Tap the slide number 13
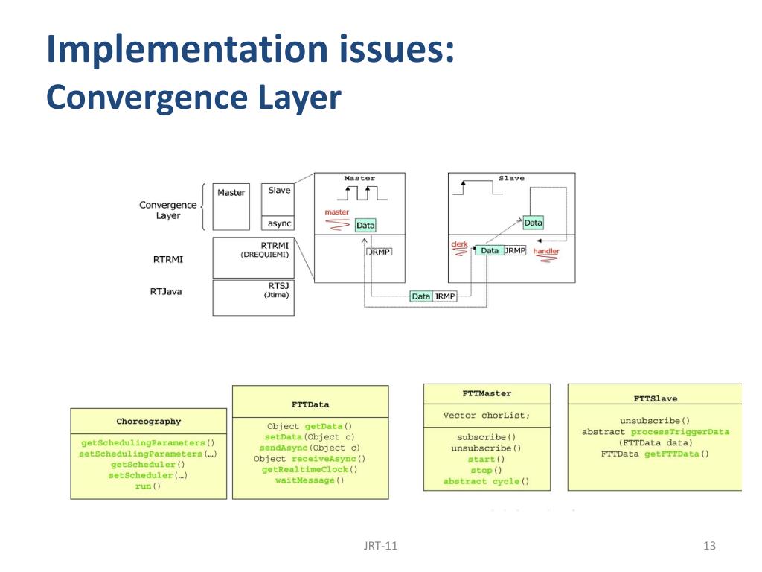pos(709,546)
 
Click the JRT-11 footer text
pos(380,546)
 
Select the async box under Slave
pos(280,223)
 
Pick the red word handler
pos(546,251)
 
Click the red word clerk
pos(459,244)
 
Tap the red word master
pos(336,212)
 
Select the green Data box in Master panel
pos(365,225)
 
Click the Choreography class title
pos(149,422)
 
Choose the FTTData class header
pos(310,405)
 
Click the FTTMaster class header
pos(487,393)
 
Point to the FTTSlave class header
pos(655,398)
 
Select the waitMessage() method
pos(310,480)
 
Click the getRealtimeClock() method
pos(310,469)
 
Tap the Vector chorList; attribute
pos(487,416)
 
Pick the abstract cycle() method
pos(487,481)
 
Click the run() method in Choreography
pos(148,486)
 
